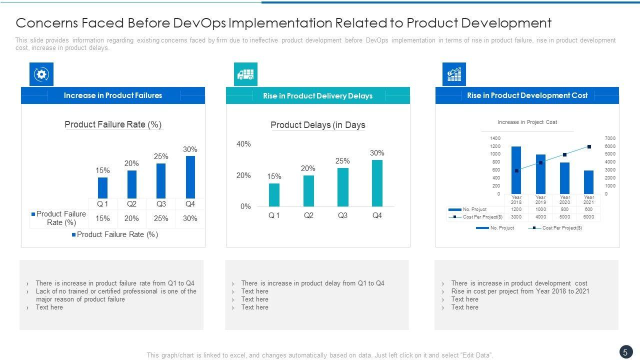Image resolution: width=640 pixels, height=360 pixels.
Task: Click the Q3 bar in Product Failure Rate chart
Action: [x=161, y=180]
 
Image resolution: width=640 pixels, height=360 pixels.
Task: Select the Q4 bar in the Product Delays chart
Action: [x=377, y=183]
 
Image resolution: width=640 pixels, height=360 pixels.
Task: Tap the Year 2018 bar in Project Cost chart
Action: [x=516, y=170]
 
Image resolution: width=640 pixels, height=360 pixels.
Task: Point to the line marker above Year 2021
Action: [x=589, y=146]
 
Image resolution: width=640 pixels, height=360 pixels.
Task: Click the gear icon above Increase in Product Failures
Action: [x=41, y=74]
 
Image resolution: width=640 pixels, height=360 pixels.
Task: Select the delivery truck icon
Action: [x=245, y=74]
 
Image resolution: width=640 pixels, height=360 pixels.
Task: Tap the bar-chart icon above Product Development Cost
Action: [x=454, y=74]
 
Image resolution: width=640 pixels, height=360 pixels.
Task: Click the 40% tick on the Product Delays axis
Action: [x=243, y=144]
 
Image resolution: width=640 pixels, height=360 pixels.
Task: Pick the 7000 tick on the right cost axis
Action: [x=610, y=138]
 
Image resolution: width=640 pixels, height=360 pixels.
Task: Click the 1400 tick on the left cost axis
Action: [x=495, y=138]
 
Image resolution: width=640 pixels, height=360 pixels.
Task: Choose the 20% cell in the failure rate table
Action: [x=131, y=218]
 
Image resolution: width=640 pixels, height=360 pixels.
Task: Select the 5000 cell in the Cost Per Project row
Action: [x=564, y=217]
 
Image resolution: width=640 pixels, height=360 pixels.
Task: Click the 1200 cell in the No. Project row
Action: [x=516, y=209]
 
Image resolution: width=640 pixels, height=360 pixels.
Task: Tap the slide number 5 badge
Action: [x=625, y=352]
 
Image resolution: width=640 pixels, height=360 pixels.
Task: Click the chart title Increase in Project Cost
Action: [x=527, y=122]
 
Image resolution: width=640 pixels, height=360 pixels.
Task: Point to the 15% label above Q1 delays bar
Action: [x=274, y=176]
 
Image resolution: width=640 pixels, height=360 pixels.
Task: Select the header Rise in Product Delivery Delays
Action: [x=317, y=95]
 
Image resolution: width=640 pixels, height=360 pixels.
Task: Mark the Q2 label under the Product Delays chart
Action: [x=308, y=215]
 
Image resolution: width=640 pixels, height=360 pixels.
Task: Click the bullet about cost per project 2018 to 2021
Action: [x=520, y=291]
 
